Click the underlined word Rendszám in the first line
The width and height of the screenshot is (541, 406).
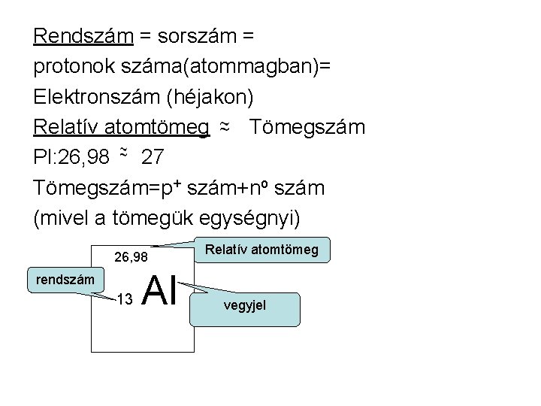pos(83,35)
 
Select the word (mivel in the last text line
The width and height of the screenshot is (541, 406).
pos(63,219)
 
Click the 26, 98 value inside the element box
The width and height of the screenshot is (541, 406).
pos(131,258)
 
